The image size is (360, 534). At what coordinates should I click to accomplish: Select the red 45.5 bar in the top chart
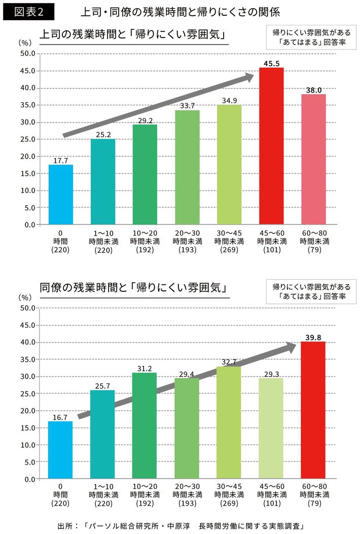point(271,146)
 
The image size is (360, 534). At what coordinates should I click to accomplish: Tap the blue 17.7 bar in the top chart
point(61,194)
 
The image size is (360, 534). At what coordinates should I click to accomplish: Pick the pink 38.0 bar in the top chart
point(313,159)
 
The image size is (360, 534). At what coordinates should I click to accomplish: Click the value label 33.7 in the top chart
point(187,106)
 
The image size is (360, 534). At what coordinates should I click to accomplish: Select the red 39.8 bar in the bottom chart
point(313,410)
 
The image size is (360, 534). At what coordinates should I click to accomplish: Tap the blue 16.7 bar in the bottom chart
point(61,450)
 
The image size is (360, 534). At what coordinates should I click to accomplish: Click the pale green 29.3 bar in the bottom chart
point(271,428)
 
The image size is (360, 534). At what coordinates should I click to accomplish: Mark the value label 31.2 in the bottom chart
point(145,368)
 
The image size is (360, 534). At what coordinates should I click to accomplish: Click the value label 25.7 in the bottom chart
point(103,386)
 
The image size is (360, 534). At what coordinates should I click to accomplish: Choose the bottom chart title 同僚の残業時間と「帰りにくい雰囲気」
point(132,287)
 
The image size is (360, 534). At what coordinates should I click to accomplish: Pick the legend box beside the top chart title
point(311,37)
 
